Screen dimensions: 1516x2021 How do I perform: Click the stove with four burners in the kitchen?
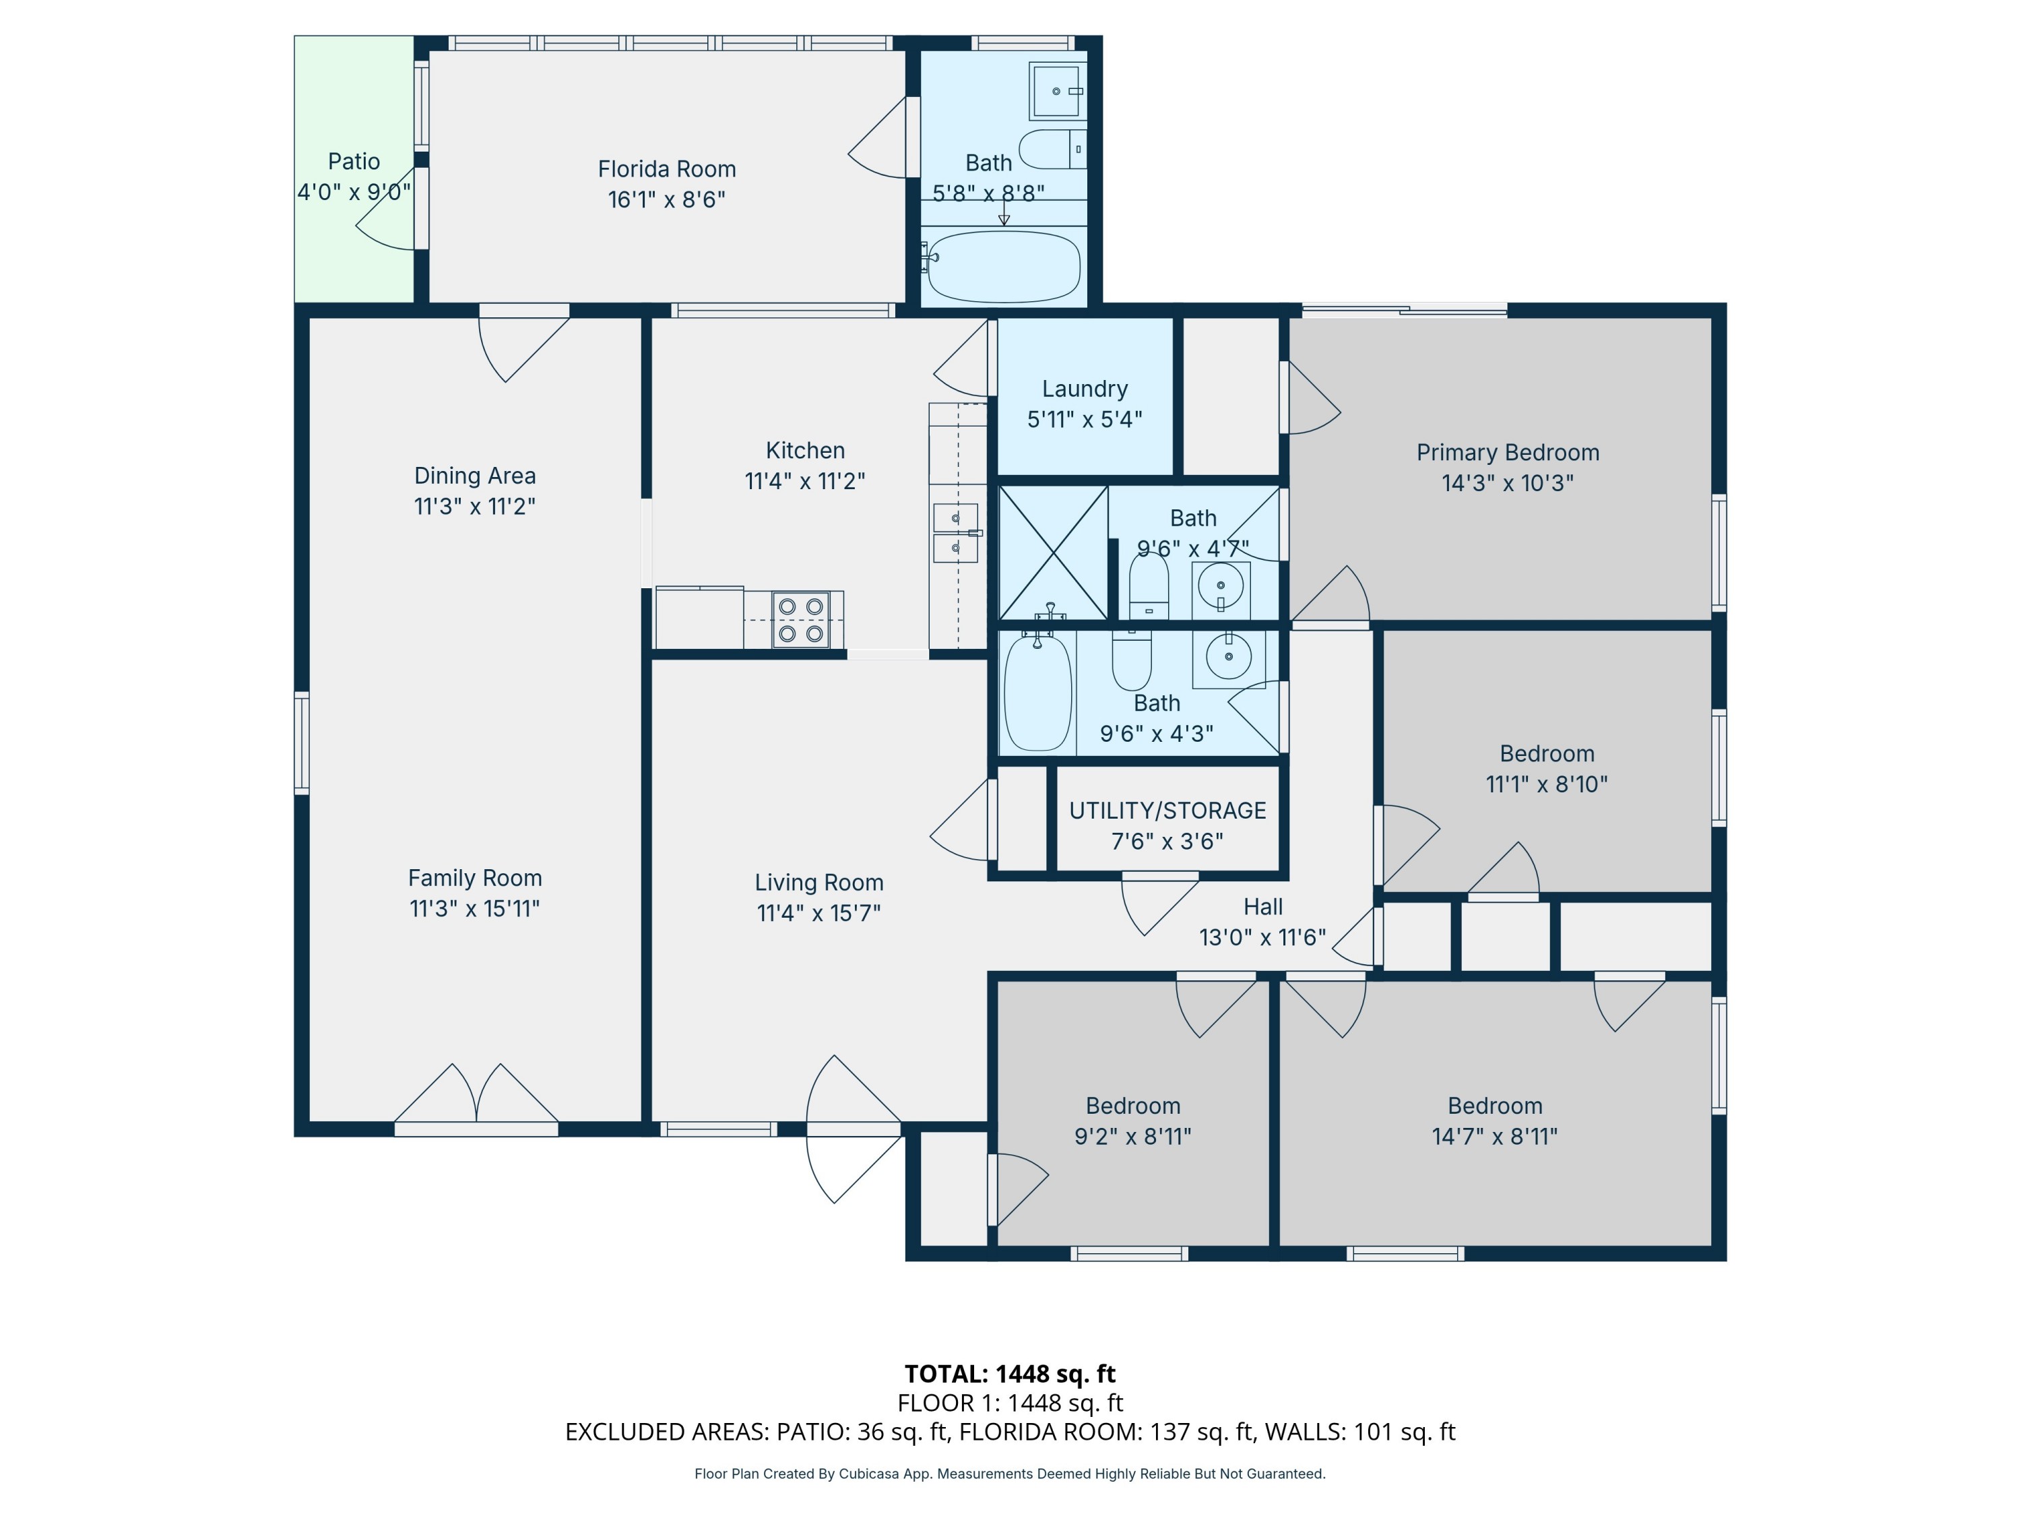[800, 620]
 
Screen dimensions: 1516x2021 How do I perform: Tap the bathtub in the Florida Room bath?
[1003, 266]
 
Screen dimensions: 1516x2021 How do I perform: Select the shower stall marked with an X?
[1054, 553]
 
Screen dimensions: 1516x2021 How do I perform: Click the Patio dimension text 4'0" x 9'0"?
[354, 192]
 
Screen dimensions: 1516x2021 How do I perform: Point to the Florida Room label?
[666, 169]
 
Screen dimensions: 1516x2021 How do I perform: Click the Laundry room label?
[1085, 389]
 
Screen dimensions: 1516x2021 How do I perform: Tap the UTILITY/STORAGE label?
[1167, 811]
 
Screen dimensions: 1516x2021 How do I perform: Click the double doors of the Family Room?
[476, 1096]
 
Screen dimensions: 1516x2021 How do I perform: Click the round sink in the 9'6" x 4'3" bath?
[1228, 656]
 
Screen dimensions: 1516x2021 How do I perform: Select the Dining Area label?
[474, 476]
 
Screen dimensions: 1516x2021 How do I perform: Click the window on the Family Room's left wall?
[302, 743]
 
